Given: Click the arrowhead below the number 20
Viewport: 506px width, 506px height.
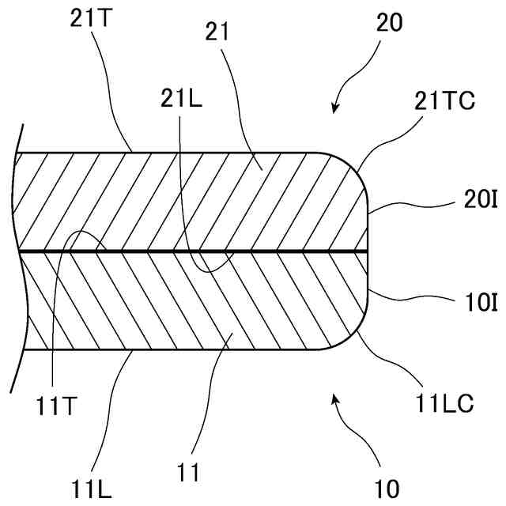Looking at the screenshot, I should click(x=335, y=108).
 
